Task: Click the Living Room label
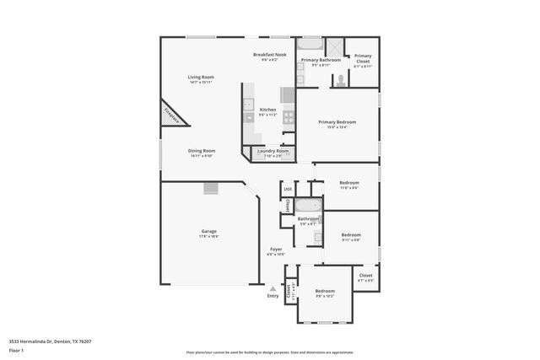click(200, 78)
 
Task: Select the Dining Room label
click(202, 151)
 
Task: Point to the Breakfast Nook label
click(269, 55)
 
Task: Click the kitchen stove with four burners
click(288, 118)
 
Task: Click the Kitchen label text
click(267, 110)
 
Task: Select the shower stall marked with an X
click(334, 48)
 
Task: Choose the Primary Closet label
click(363, 57)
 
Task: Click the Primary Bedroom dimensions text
click(337, 128)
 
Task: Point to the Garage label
click(208, 231)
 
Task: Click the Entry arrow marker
click(273, 287)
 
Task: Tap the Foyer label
click(276, 249)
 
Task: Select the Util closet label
click(288, 189)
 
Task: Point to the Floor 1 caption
click(15, 349)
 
